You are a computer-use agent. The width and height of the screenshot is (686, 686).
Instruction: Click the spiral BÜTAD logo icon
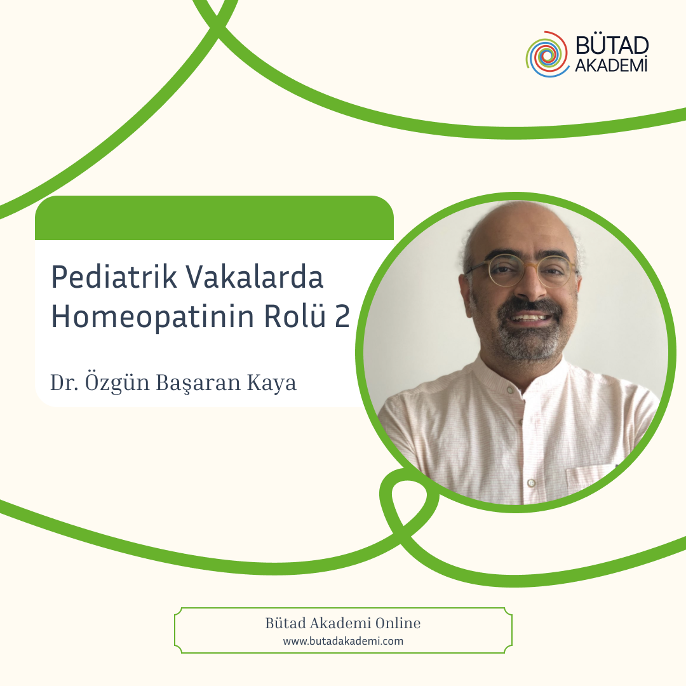tap(548, 54)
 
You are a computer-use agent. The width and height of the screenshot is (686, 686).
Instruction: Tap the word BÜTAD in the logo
tap(612, 46)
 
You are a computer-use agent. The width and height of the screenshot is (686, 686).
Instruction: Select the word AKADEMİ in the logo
tap(611, 65)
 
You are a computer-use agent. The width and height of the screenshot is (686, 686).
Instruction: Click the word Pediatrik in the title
tap(114, 278)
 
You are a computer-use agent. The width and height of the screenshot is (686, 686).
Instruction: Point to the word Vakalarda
tap(255, 277)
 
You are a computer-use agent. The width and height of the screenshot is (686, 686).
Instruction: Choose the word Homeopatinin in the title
tap(152, 317)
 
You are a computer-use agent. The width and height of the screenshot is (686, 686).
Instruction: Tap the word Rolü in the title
tap(295, 316)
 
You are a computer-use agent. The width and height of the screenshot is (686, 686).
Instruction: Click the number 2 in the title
tap(342, 316)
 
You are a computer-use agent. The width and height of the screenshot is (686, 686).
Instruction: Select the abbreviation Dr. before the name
tap(64, 382)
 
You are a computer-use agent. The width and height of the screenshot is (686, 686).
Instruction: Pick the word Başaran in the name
tap(198, 383)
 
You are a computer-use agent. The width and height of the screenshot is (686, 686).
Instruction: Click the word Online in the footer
tap(398, 623)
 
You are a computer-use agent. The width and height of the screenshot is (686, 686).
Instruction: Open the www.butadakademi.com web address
tap(343, 642)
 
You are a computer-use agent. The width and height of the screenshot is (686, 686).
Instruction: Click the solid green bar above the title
tap(215, 218)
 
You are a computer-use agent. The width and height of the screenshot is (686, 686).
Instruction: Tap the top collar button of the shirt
tap(509, 389)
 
